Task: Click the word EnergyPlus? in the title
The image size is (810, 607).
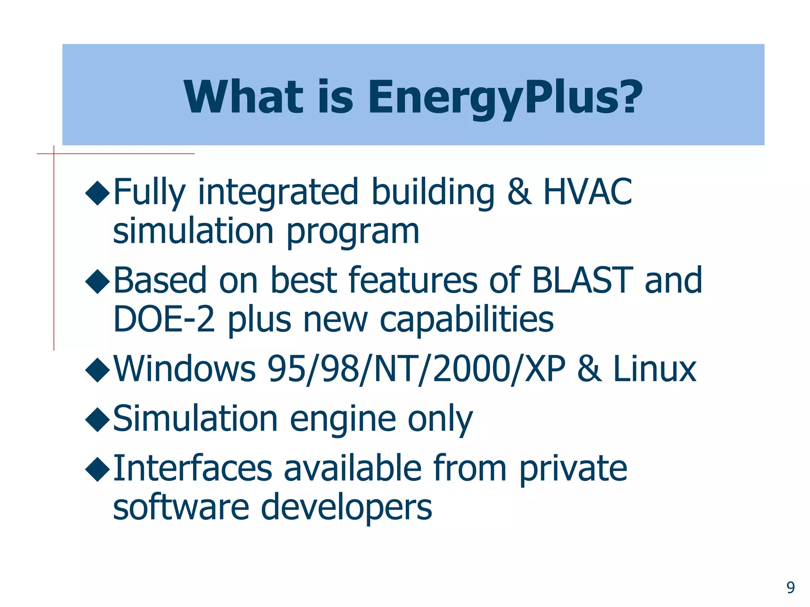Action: click(505, 97)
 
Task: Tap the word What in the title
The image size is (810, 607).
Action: click(243, 97)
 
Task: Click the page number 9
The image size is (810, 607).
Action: click(790, 588)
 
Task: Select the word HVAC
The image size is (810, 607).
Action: click(588, 192)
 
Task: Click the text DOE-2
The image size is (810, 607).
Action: click(164, 319)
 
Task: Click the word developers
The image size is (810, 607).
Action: click(346, 508)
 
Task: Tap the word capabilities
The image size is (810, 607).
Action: click(467, 319)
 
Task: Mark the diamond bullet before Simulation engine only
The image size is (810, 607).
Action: click(97, 420)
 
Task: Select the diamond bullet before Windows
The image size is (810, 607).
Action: click(97, 370)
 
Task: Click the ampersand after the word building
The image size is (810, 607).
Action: click(520, 192)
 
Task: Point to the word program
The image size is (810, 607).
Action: click(352, 232)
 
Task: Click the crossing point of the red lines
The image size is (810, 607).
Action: click(54, 154)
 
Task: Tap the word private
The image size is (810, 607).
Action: click(573, 468)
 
